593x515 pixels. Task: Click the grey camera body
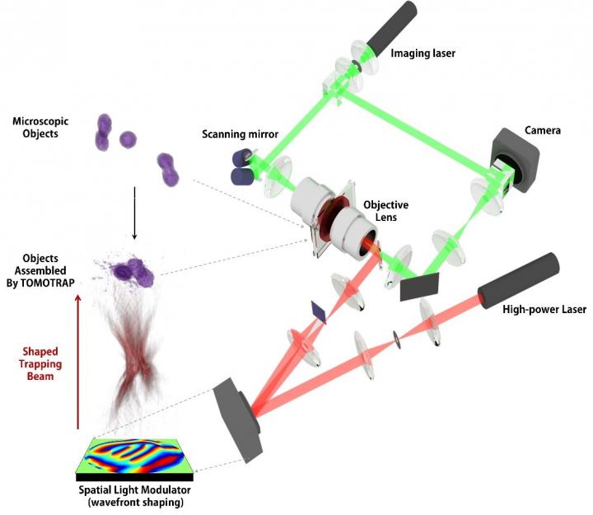(x=515, y=161)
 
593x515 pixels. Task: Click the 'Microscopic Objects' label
(x=40, y=127)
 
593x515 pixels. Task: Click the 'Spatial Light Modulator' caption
(x=130, y=493)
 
